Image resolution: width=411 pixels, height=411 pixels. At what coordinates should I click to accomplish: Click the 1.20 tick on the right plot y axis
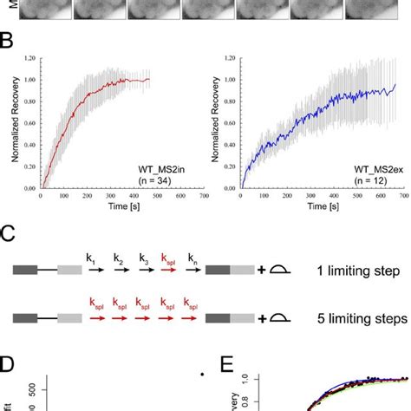(x=229, y=58)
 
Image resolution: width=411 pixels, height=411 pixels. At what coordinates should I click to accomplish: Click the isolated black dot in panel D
(x=201, y=375)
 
